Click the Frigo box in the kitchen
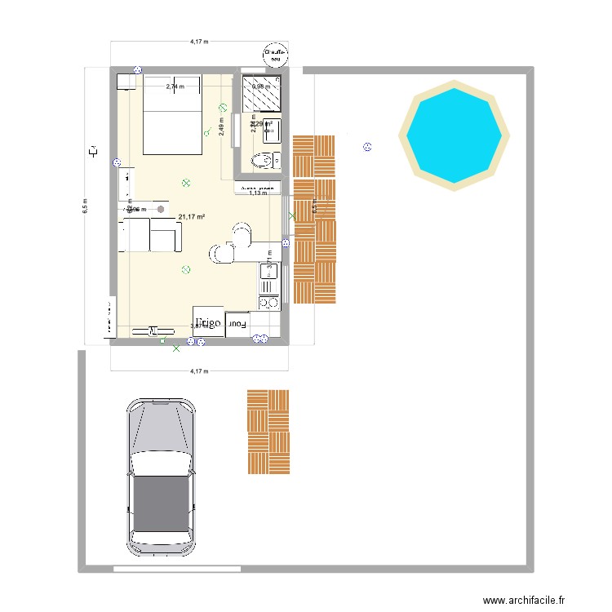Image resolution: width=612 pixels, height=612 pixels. pyautogui.click(x=209, y=323)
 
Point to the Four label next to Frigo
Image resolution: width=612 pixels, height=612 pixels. pyautogui.click(x=237, y=324)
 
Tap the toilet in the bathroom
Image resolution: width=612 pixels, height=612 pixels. pyautogui.click(x=263, y=159)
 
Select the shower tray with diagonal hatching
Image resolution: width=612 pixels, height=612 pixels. pyautogui.click(x=265, y=95)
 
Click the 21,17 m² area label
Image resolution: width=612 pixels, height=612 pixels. pyautogui.click(x=192, y=216)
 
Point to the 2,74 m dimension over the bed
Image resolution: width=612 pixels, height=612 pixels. pyautogui.click(x=175, y=86)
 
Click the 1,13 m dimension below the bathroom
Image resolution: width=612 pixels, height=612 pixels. pyautogui.click(x=258, y=193)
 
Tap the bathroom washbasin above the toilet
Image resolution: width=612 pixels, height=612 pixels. pyautogui.click(x=273, y=130)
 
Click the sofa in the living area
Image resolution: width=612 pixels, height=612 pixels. pyautogui.click(x=152, y=236)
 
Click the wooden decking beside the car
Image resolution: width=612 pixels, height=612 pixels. pyautogui.click(x=268, y=432)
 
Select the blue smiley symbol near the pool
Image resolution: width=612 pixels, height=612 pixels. pyautogui.click(x=367, y=147)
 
